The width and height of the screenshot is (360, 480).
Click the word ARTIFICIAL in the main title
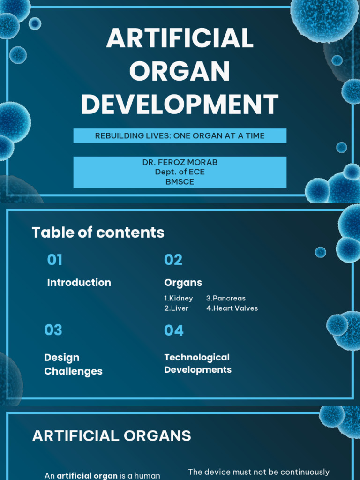(x=180, y=39)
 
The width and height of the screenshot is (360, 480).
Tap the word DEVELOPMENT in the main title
(x=180, y=104)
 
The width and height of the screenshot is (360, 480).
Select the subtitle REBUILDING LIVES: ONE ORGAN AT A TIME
(x=180, y=136)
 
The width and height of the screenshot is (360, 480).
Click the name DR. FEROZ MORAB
(x=180, y=162)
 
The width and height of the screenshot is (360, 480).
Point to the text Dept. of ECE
(x=180, y=172)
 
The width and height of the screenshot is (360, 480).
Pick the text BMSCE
(x=180, y=182)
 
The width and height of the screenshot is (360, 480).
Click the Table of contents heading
(x=98, y=232)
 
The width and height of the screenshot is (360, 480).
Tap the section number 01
(x=55, y=260)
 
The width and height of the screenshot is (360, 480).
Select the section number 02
(x=173, y=260)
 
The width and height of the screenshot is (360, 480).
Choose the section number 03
(x=53, y=330)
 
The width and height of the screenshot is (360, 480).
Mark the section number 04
(x=174, y=330)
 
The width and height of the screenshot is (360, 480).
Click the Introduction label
(x=79, y=282)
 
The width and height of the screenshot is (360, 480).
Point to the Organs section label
(x=183, y=283)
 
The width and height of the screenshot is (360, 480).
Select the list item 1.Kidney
(x=178, y=298)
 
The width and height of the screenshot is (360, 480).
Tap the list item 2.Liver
(x=176, y=308)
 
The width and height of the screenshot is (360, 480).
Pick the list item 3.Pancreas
(x=225, y=298)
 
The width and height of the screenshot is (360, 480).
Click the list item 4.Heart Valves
(x=232, y=308)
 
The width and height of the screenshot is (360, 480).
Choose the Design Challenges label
(x=73, y=364)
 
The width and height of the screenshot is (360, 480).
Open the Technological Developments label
(x=197, y=363)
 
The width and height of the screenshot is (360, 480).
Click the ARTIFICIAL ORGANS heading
(x=112, y=436)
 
